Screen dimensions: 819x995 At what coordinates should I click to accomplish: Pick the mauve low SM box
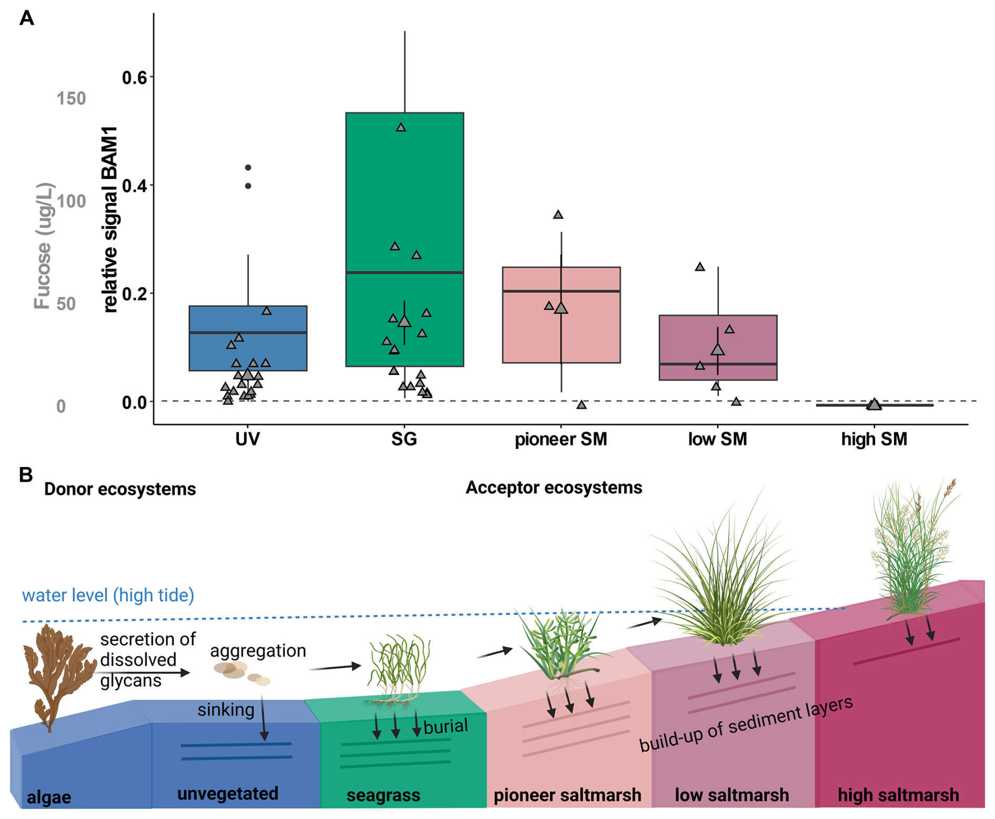(x=684, y=342)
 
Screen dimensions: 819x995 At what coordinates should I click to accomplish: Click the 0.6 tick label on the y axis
(x=135, y=78)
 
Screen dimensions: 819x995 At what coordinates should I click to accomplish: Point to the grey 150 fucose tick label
(x=71, y=98)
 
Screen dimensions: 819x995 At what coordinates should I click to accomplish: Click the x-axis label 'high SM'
(x=874, y=439)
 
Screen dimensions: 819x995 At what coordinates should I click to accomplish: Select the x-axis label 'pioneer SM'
(x=561, y=439)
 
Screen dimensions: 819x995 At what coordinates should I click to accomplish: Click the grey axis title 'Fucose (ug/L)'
(x=43, y=246)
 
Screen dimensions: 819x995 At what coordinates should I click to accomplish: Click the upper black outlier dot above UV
(x=248, y=168)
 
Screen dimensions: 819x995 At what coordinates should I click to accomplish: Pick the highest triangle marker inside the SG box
(x=401, y=127)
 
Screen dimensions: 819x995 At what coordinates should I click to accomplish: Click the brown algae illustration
(x=53, y=673)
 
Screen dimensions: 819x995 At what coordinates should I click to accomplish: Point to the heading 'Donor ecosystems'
(x=120, y=489)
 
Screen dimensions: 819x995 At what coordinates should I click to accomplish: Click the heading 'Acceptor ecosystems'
(x=554, y=488)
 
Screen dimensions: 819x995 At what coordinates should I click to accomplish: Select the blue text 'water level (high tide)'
(x=108, y=595)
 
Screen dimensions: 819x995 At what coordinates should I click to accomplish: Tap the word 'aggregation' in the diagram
(x=258, y=651)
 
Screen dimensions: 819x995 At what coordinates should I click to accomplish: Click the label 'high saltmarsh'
(x=898, y=795)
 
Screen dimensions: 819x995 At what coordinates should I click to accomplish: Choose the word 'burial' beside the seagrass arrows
(x=445, y=726)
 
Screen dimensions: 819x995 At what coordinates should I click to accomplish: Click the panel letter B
(x=26, y=474)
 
